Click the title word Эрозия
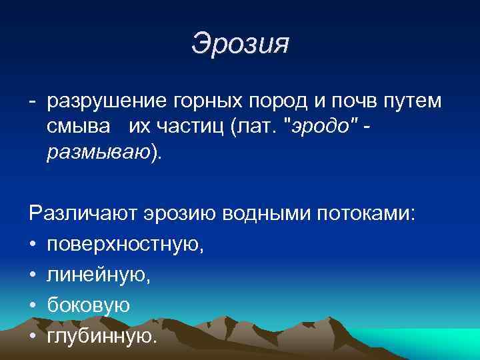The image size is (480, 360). (x=240, y=44)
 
